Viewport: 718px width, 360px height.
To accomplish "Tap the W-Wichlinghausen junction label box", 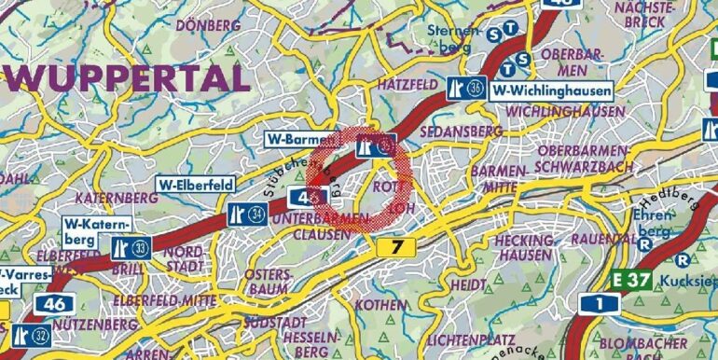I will (x=552, y=90).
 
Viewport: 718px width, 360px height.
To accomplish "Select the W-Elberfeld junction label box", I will (x=196, y=185).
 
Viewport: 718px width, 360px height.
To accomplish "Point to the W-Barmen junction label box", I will (x=294, y=140).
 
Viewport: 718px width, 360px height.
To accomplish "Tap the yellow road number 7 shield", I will (x=397, y=246).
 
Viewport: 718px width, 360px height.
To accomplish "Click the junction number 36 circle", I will (x=476, y=89).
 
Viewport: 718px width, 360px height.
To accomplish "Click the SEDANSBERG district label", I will (x=457, y=132).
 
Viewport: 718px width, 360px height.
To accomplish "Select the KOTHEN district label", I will (x=380, y=306).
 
